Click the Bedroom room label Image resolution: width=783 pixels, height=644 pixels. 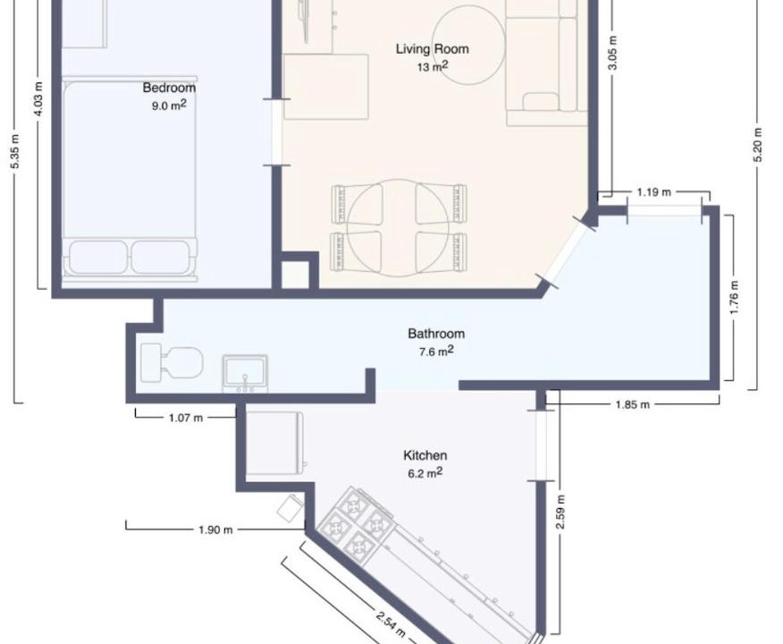(x=169, y=88)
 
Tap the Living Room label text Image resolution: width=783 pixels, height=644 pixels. (x=433, y=49)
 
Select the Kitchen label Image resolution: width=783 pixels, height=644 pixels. (x=425, y=455)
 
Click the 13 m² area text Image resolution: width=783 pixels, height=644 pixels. (x=433, y=66)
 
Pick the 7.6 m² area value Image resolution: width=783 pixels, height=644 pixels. (x=436, y=351)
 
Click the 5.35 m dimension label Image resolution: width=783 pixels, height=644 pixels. (x=15, y=151)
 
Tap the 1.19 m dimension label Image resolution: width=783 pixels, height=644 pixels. (x=653, y=191)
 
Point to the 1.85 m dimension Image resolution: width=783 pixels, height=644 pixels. (x=633, y=404)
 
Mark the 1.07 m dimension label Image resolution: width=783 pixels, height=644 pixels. (x=186, y=418)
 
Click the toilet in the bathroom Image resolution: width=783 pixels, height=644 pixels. (x=172, y=361)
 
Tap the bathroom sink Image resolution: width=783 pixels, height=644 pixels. (x=245, y=373)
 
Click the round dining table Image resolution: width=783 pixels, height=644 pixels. (x=397, y=228)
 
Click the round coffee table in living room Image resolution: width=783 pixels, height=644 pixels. (x=469, y=45)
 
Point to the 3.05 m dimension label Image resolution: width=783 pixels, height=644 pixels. (x=614, y=53)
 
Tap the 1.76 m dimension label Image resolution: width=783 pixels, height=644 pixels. (x=734, y=298)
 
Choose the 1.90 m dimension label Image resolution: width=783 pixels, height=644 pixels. (x=215, y=530)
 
